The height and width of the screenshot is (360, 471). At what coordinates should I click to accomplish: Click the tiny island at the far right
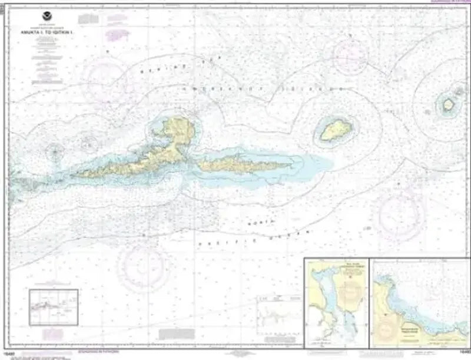448,104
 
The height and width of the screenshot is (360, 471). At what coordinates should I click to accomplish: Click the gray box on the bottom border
243,355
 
